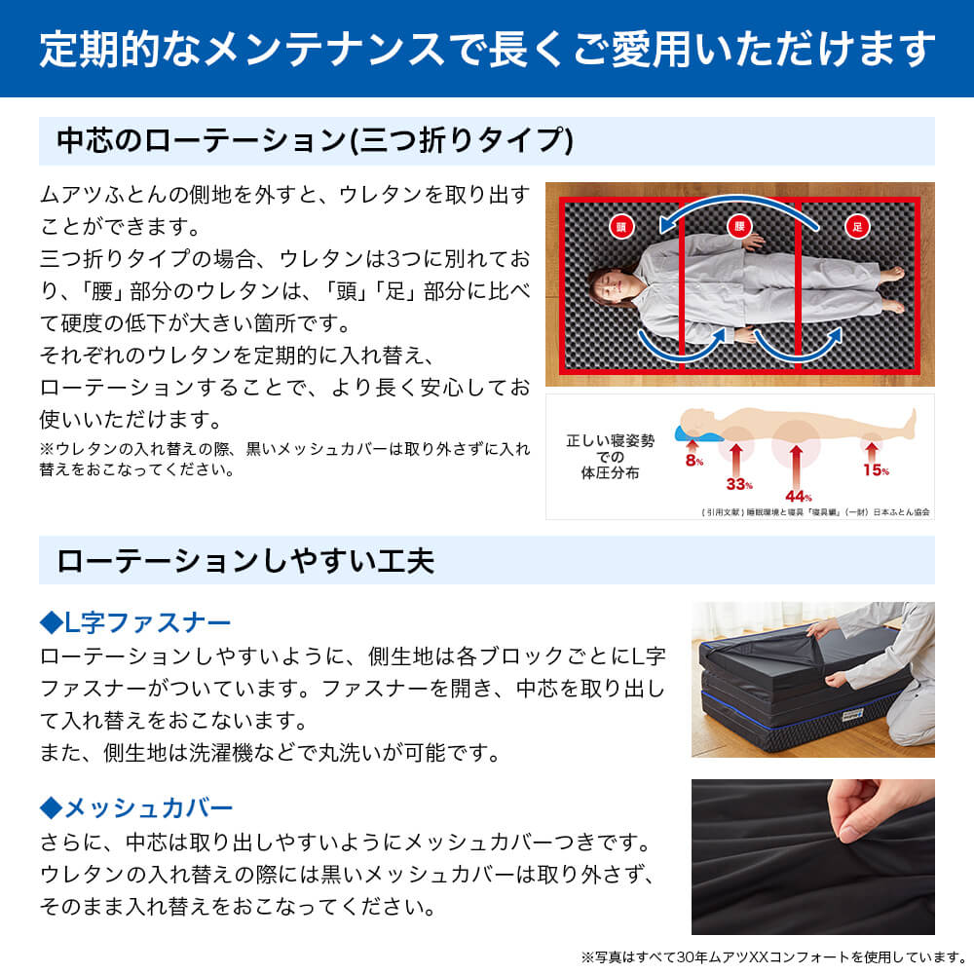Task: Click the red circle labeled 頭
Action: pos(620,227)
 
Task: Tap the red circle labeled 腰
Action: pos(739,227)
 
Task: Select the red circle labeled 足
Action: pos(857,227)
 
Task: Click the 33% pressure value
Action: pos(739,483)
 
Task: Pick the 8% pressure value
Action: pos(693,461)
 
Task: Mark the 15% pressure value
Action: pos(876,469)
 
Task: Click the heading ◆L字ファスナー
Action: pos(135,621)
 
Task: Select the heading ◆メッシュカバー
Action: pos(136,807)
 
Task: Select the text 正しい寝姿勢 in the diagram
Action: pos(611,440)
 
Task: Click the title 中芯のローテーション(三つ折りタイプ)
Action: pos(315,141)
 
